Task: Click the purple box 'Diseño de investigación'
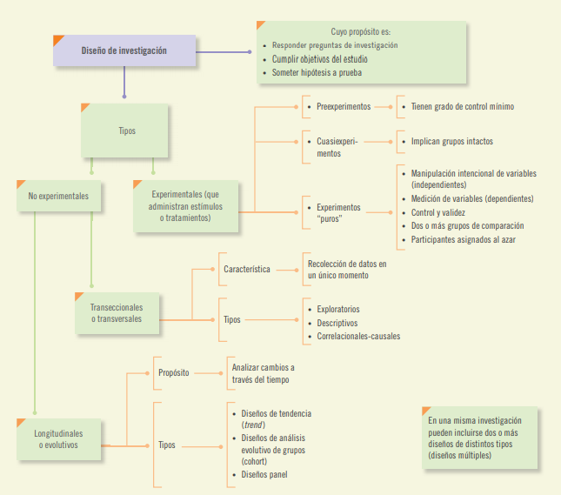pos(124,50)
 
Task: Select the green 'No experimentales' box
pos(58,197)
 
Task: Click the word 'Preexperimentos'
pos(344,106)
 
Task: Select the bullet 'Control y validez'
pos(438,212)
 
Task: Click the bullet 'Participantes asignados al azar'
pos(463,239)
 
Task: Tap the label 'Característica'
pos(246,270)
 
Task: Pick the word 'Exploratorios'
pos(337,309)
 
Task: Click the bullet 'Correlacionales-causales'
pos(358,336)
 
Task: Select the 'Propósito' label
pos(174,373)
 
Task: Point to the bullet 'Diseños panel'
pos(264,474)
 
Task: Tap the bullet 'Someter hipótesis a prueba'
pos(324,73)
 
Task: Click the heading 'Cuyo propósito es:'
pos(360,30)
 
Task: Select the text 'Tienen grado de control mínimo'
pos(462,106)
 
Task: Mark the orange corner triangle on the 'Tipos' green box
pos(85,108)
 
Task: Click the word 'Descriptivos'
pos(337,323)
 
